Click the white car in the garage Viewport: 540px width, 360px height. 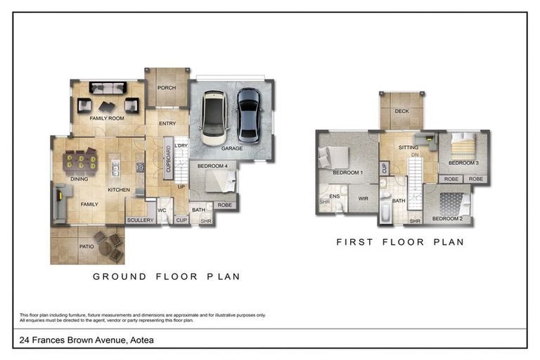(214, 118)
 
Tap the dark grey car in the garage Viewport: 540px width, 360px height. (249, 116)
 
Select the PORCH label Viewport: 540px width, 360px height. (167, 88)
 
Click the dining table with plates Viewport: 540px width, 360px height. (81, 162)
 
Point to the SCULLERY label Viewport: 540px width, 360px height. (140, 220)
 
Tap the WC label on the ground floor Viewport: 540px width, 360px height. (162, 210)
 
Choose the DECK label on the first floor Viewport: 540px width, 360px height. (402, 111)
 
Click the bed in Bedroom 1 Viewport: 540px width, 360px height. (333, 157)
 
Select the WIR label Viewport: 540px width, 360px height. (364, 199)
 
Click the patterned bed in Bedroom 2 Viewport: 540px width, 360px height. (455, 204)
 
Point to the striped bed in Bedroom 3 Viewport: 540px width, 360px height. (463, 146)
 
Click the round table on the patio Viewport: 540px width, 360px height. (107, 247)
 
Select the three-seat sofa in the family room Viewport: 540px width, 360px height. (108, 88)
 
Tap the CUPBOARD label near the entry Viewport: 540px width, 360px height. (169, 159)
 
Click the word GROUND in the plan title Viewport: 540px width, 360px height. (120, 276)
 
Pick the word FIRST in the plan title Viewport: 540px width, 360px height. (354, 242)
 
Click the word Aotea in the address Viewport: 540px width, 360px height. (142, 340)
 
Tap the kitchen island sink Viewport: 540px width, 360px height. (115, 169)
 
